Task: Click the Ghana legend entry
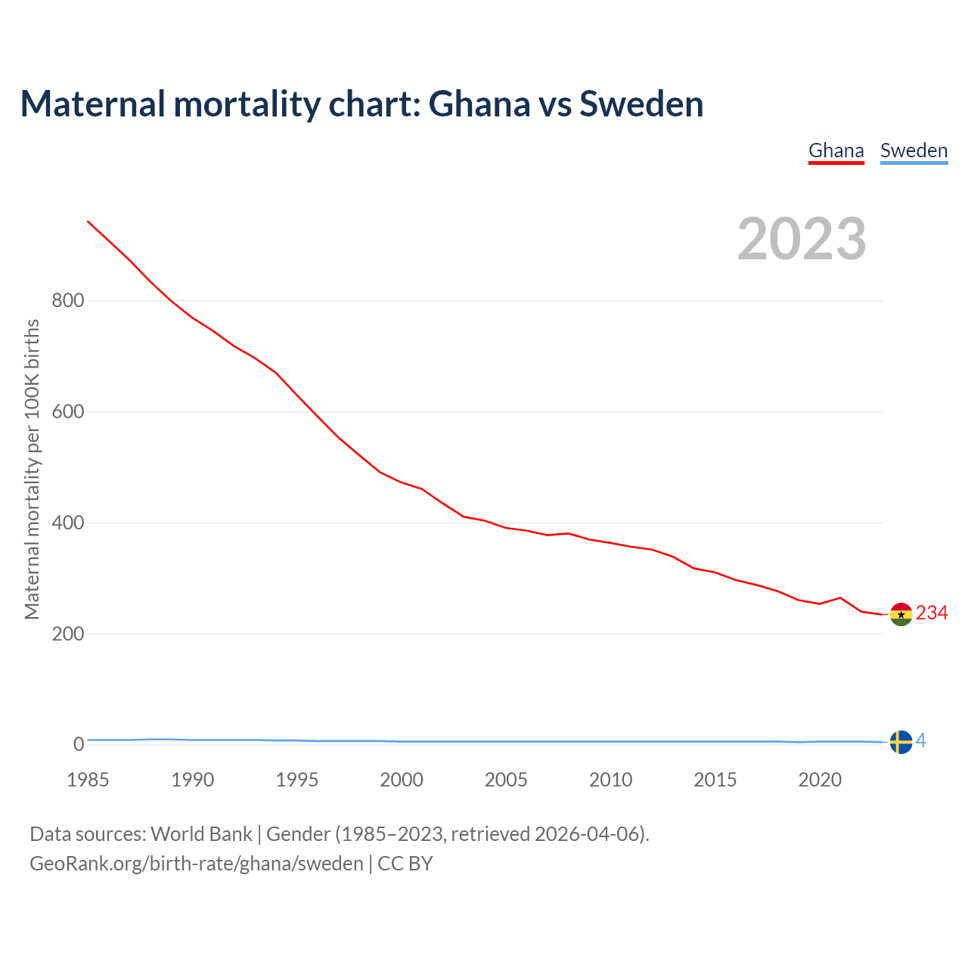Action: point(836,150)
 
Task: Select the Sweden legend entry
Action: point(914,150)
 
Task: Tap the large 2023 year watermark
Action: point(802,239)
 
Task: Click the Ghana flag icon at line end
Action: point(901,614)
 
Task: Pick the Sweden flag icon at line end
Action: point(901,742)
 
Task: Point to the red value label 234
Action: point(932,613)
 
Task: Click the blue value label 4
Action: point(921,741)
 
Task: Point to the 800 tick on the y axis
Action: point(67,301)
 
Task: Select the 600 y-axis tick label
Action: point(67,412)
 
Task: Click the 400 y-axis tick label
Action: point(67,523)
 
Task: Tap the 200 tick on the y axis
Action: point(67,634)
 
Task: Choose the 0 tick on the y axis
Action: point(79,745)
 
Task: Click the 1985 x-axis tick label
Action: point(88,780)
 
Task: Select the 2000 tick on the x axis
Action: point(402,780)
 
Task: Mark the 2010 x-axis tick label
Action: point(610,780)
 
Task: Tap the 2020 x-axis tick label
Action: point(820,780)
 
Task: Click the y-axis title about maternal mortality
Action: point(32,469)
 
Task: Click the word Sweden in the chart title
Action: point(641,104)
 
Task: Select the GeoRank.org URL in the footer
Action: point(197,864)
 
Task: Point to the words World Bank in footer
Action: point(201,834)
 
